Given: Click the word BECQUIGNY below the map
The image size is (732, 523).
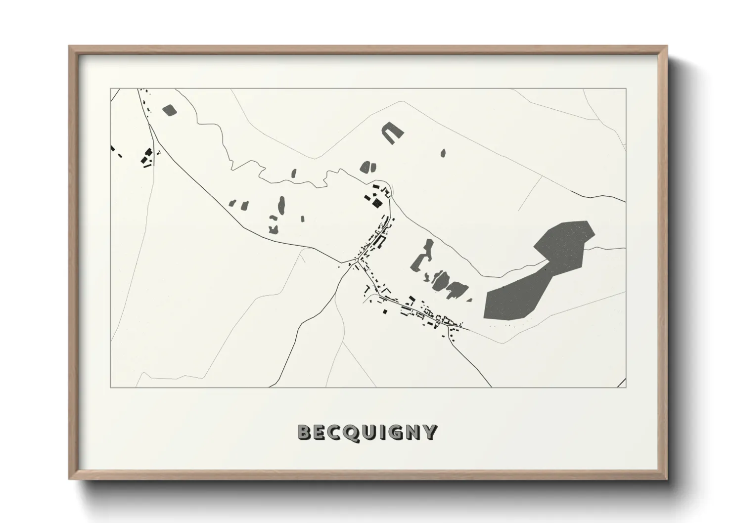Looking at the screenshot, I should [367, 432].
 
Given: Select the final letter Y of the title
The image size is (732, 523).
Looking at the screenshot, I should [430, 432].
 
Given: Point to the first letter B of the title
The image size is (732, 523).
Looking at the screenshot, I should [304, 432].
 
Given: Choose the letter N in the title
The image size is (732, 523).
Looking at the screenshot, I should [413, 432].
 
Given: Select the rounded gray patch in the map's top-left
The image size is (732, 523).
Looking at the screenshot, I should [169, 110].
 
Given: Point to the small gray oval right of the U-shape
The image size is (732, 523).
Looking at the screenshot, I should [443, 153].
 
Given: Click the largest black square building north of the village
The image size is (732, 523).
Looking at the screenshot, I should [377, 204].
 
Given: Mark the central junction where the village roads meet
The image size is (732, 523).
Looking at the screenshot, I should [355, 261].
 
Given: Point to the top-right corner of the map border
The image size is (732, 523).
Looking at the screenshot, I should [626, 89].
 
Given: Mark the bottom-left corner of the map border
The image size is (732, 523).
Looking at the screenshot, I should [111, 387].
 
